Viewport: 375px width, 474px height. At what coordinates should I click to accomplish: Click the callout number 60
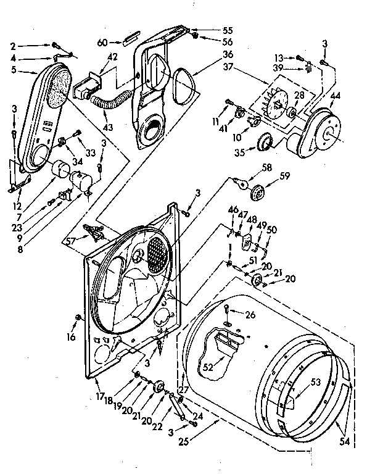[x=102, y=42]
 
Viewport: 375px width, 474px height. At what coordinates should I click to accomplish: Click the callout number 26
[x=249, y=314]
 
